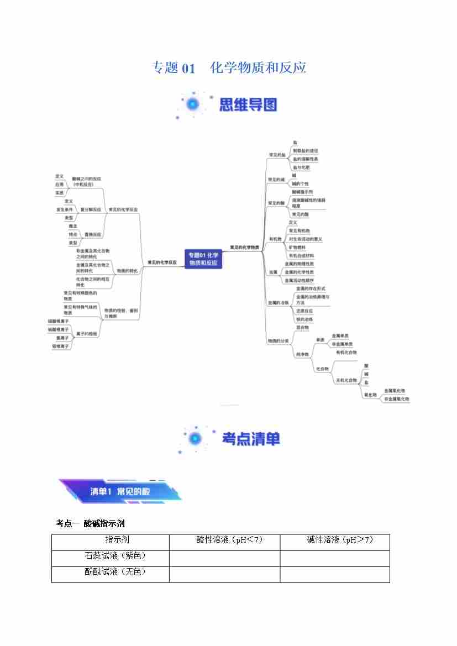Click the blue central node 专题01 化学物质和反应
point(203,259)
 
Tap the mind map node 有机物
point(275,239)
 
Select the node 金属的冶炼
point(278,302)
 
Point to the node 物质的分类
point(278,341)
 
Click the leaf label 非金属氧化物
point(397,398)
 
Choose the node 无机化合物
point(346,380)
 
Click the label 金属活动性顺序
point(299,280)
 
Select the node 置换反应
point(93,234)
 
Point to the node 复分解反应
point(91,209)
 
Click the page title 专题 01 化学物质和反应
point(229,68)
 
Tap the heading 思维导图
point(248,105)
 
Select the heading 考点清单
point(251,439)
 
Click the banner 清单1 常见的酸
point(120,491)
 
